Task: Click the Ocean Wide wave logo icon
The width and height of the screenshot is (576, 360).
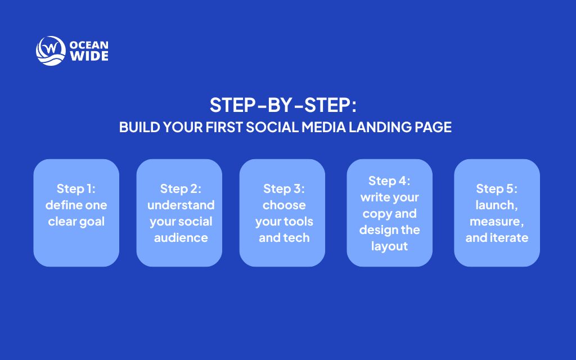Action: (51, 51)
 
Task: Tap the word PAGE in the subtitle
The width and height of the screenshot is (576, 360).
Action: (433, 127)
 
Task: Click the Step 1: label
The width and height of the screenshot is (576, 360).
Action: (76, 188)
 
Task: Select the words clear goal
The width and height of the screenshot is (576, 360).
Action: (76, 221)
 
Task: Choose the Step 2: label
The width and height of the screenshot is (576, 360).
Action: (179, 188)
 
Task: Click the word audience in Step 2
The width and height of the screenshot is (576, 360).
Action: (181, 237)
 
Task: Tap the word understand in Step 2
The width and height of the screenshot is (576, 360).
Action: (181, 205)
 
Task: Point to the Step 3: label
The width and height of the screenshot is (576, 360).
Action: (283, 188)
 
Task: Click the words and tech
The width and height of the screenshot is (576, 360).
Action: (283, 237)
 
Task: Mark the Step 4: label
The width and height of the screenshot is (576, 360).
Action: (389, 181)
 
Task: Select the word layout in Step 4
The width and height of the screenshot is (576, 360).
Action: (389, 246)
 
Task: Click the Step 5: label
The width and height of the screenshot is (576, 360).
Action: (497, 188)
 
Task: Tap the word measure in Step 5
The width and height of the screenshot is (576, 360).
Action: (494, 221)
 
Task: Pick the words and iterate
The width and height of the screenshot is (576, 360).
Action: (497, 237)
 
